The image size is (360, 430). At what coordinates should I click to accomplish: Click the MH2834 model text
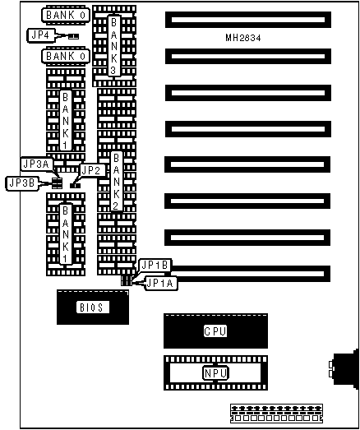coord(243,38)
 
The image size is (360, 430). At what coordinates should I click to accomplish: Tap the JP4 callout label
coord(41,35)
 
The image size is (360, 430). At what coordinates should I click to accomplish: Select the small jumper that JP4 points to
coord(73,36)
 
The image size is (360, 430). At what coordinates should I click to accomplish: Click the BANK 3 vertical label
coord(113,46)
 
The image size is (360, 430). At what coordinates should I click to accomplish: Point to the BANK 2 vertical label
coord(117,182)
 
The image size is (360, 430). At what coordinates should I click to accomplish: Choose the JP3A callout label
coord(36,164)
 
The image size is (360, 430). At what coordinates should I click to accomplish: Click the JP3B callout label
coord(22,183)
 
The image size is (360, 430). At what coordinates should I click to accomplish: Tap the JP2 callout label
coord(91,170)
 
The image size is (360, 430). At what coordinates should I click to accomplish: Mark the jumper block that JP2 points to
coord(75,186)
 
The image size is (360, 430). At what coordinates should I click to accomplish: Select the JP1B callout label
coord(155,266)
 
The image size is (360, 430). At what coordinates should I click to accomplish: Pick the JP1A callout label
coord(160,283)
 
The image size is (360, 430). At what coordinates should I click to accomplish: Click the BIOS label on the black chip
coord(92,307)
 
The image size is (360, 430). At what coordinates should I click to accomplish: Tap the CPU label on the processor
coord(215,331)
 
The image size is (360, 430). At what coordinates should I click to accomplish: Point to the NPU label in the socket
coord(215,373)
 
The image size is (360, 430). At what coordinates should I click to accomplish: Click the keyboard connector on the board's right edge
coord(344,369)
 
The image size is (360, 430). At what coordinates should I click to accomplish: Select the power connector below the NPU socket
coord(276,414)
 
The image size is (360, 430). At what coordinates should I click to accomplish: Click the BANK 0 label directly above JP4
coord(66,15)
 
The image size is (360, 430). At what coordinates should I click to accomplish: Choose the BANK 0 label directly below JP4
coord(66,56)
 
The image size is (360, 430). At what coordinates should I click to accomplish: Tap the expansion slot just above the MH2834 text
coord(248,20)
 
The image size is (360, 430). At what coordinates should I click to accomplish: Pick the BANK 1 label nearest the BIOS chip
coord(66,234)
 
